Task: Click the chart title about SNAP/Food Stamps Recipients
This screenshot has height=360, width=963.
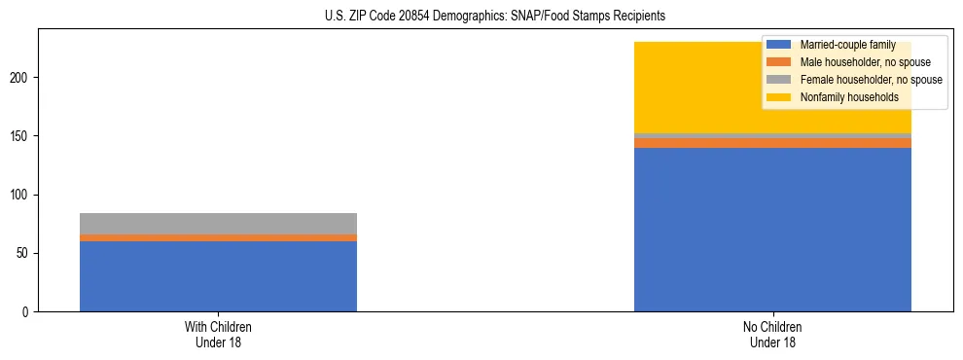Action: pyautogui.click(x=495, y=17)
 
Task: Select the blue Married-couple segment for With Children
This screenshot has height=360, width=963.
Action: pyautogui.click(x=218, y=276)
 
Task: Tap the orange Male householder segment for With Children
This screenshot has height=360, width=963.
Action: pyautogui.click(x=218, y=237)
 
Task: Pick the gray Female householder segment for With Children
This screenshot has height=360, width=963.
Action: pyautogui.click(x=218, y=224)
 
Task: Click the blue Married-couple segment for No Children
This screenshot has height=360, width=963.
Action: pyautogui.click(x=772, y=230)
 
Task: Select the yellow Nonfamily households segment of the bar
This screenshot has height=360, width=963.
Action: pyautogui.click(x=681, y=88)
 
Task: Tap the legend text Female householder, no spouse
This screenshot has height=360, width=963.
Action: pyautogui.click(x=870, y=80)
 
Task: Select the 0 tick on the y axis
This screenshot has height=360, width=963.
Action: pyautogui.click(x=29, y=312)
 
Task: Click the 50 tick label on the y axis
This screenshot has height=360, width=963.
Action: pyautogui.click(x=26, y=254)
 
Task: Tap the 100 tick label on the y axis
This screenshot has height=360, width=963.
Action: pyautogui.click(x=23, y=195)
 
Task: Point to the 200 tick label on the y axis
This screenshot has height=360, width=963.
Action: pyautogui.click(x=23, y=78)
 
